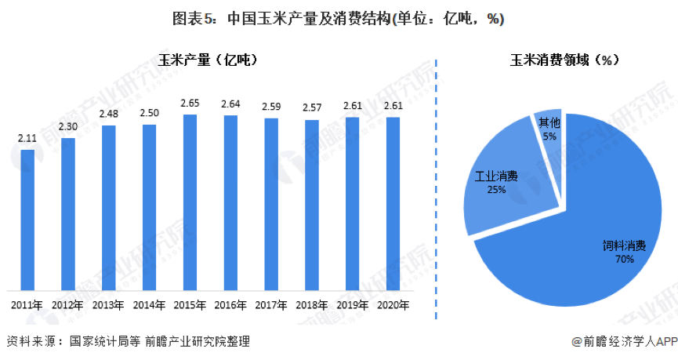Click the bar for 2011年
tap(27, 219)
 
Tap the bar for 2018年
tap(312, 205)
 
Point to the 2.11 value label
tap(27, 140)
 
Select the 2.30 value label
tap(68, 128)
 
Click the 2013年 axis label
tap(108, 305)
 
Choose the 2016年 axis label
tap(230, 305)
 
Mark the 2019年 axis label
tap(353, 305)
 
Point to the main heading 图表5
tap(339, 19)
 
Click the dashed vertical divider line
tap(437, 188)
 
